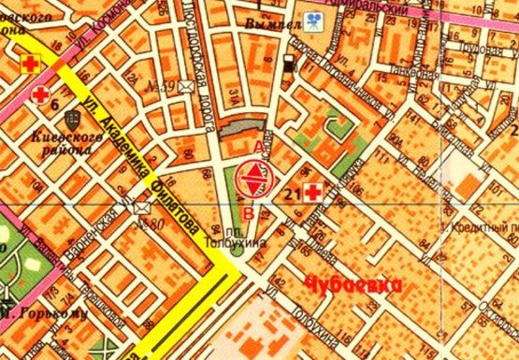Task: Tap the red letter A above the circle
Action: [x=258, y=147]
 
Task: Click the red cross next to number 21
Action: [x=311, y=194]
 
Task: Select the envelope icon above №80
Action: [x=143, y=206]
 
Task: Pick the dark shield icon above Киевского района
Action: [x=73, y=121]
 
